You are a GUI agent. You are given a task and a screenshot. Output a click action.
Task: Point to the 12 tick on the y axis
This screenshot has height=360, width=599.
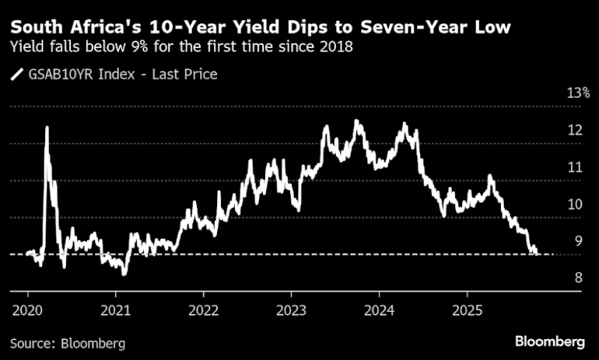[x=575, y=130]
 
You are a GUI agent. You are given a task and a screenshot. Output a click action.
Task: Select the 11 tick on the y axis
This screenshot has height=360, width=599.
[x=575, y=167]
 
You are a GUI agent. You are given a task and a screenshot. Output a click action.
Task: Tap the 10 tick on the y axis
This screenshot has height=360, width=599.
[x=575, y=204]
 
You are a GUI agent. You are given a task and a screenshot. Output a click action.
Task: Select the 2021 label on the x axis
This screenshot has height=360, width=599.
[x=116, y=310]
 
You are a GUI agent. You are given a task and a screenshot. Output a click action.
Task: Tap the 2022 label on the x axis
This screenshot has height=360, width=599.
[x=204, y=310]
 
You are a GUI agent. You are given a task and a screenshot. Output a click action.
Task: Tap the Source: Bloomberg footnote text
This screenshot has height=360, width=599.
[x=68, y=344]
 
